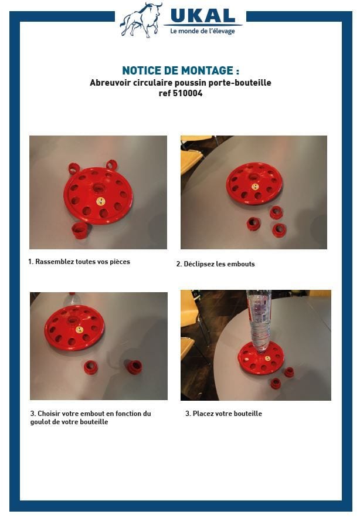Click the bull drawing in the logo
[141, 20]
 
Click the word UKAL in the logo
[203, 16]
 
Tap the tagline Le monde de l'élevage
[203, 31]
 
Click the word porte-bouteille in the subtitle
[239, 82]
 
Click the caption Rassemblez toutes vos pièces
[83, 262]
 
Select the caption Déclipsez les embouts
[219, 264]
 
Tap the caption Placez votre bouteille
[227, 414]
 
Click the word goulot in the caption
[40, 422]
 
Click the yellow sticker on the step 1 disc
[101, 201]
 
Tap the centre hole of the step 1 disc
[99, 188]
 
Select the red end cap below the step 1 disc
[80, 230]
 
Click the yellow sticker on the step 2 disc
[255, 187]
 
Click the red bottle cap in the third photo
[72, 295]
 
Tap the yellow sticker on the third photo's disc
[79, 330]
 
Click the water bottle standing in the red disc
[259, 322]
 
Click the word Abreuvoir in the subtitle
[110, 82]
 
